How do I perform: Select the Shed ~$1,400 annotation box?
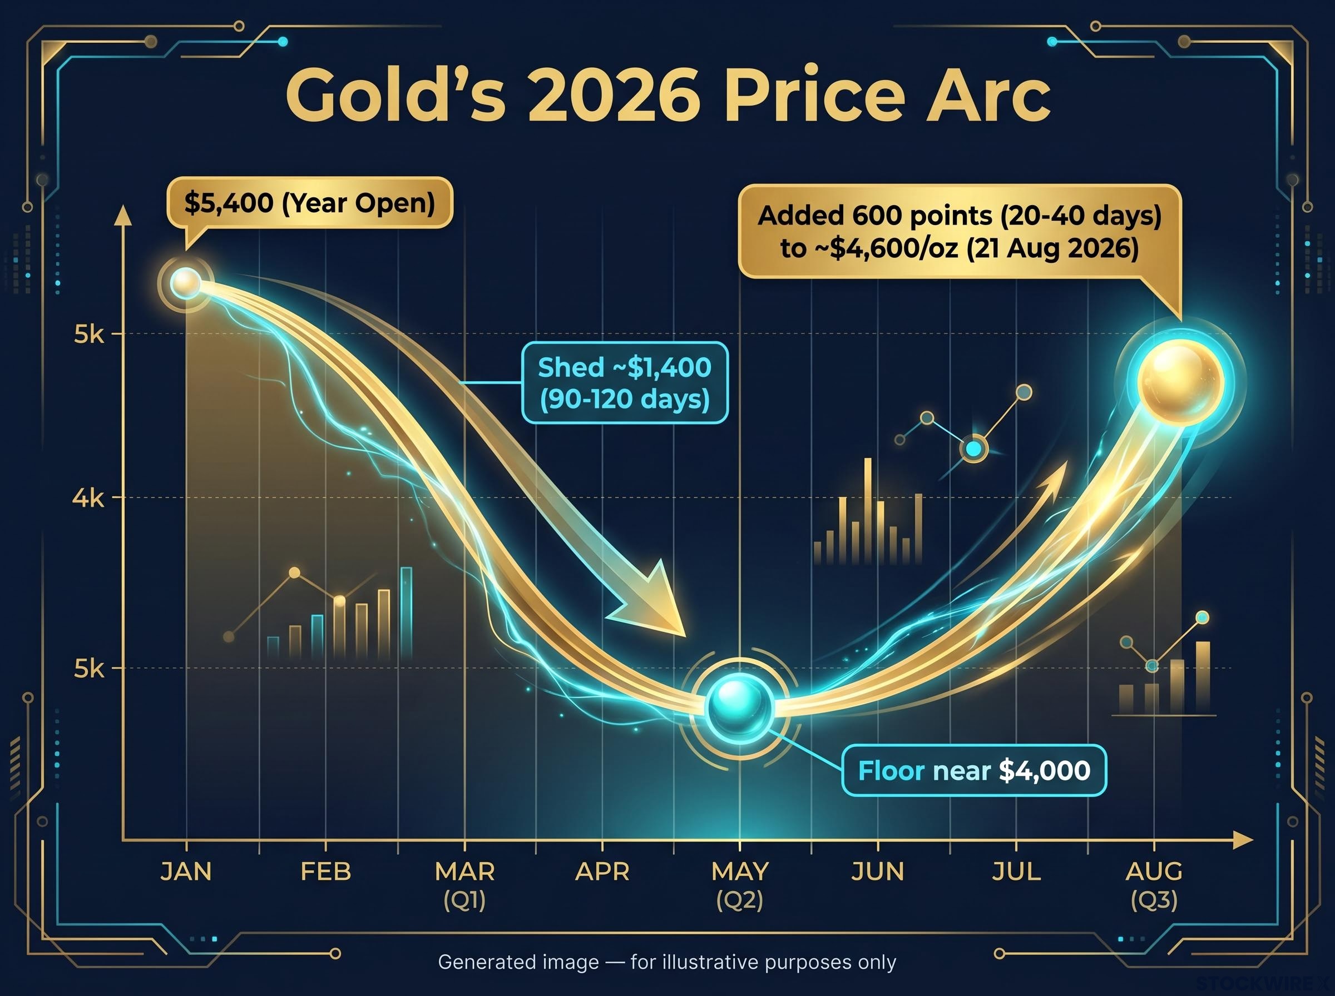pos(624,383)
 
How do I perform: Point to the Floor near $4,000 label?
pos(974,770)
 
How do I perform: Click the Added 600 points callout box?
pos(959,232)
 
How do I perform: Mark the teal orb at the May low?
pos(739,706)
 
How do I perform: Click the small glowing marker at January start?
pos(185,283)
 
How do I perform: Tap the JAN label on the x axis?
pos(186,872)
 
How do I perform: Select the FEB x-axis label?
pos(326,872)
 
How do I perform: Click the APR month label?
pos(602,872)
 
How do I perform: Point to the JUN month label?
pos(878,872)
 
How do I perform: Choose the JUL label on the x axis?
pos(1016,872)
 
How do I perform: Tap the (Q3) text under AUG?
pos(1154,902)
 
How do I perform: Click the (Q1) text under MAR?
pos(464,902)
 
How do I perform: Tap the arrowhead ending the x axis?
pos(1243,840)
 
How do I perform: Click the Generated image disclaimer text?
pos(667,962)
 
